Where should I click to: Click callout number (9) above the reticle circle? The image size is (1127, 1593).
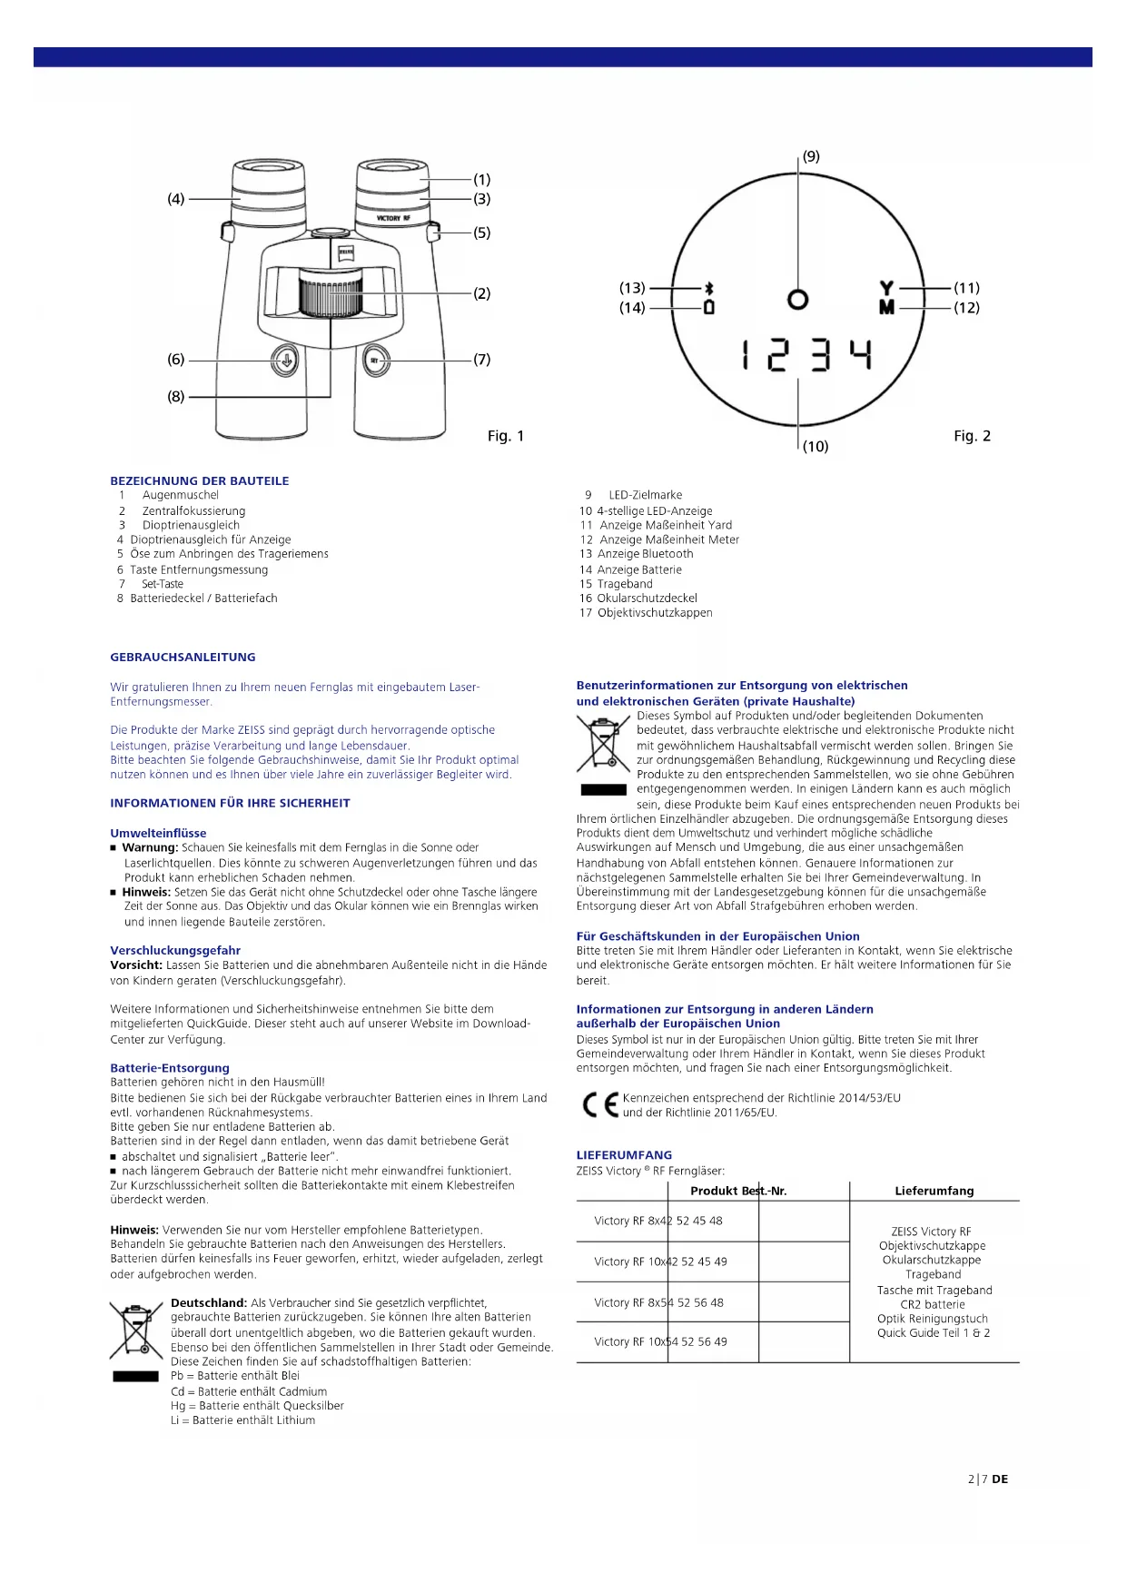pos(811,156)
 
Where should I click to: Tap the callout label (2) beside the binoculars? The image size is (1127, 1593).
pos(481,293)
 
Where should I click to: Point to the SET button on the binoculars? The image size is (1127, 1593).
pos(376,361)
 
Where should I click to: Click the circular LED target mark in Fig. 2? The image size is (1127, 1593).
pos(797,299)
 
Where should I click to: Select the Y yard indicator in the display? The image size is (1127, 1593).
pos(886,288)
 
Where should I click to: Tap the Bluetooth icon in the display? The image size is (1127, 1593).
pos(709,288)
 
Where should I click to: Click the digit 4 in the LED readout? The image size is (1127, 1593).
pos(861,354)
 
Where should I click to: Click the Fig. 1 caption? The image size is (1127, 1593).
pos(506,436)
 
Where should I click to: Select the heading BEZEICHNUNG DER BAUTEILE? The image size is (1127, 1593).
pos(200,480)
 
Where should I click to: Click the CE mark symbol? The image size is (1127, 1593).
pos(599,1104)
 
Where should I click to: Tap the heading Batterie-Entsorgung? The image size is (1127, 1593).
pos(170,1068)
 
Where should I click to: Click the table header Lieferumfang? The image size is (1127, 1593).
pos(934,1191)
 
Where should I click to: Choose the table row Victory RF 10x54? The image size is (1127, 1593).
pos(660,1341)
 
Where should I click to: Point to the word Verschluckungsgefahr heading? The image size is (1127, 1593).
pos(175,950)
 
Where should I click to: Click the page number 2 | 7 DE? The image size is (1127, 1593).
pos(987,1479)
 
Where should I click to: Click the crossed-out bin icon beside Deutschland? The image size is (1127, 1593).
pos(135,1330)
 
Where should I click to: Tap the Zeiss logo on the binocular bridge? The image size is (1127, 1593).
pos(345,254)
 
